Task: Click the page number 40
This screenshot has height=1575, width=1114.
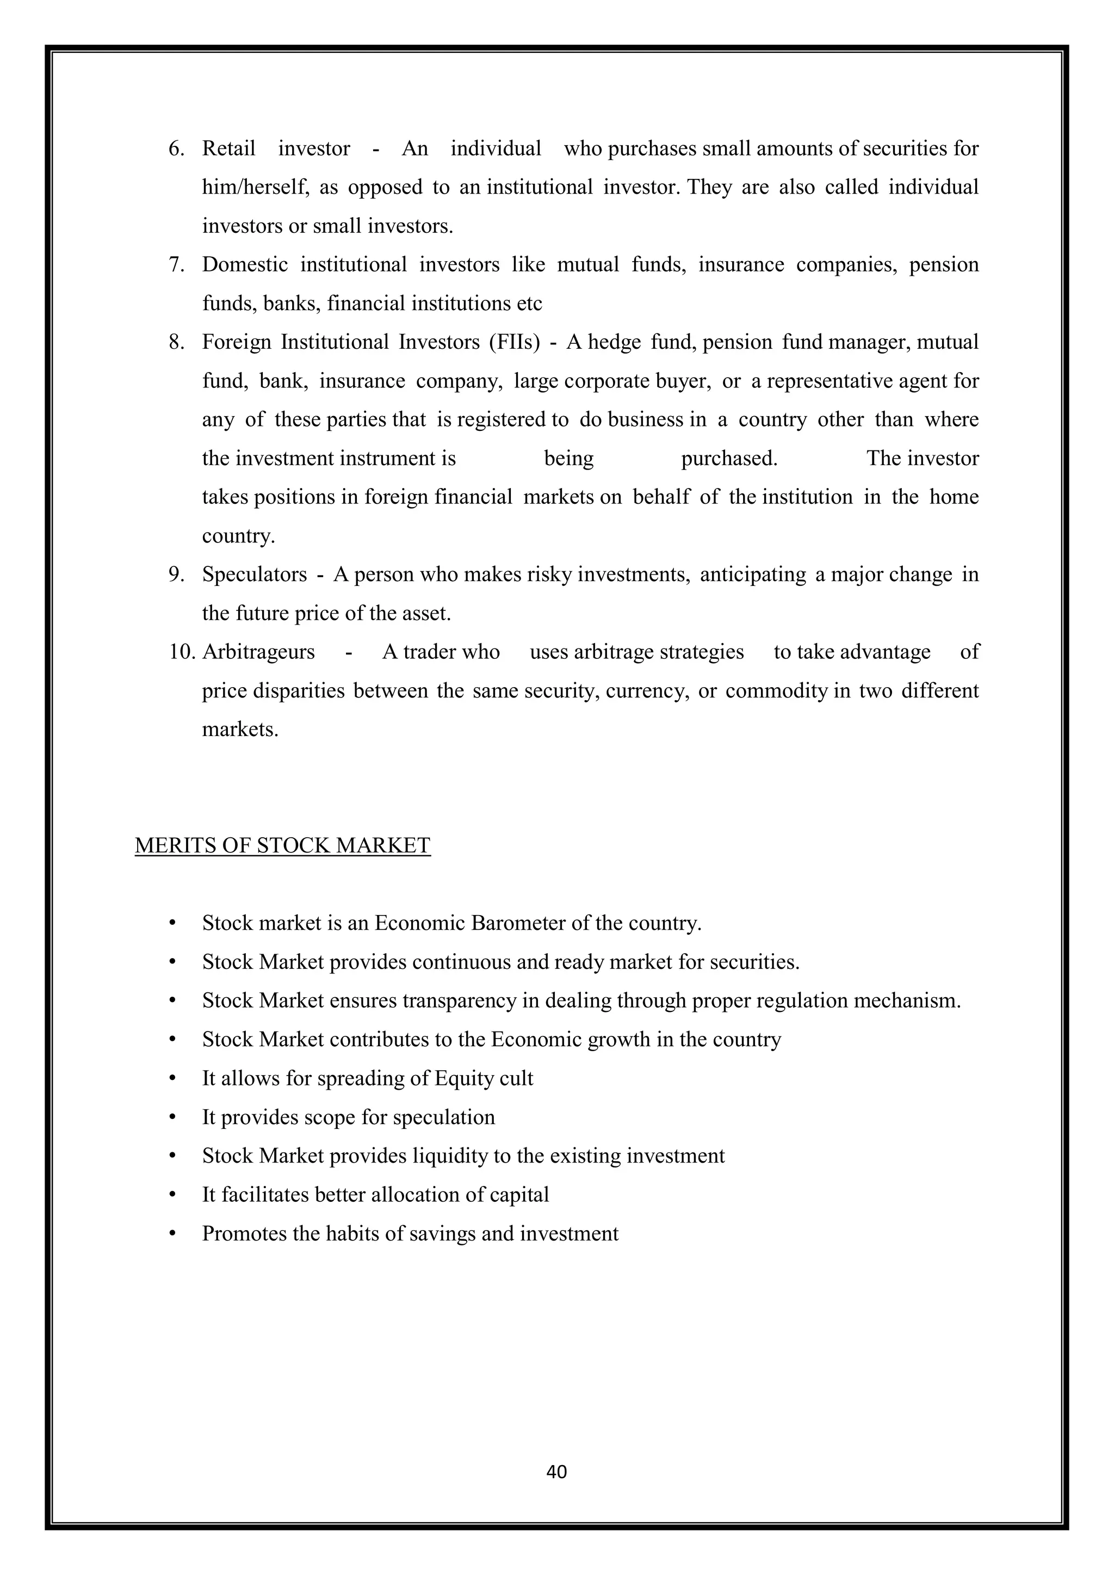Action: click(x=556, y=1472)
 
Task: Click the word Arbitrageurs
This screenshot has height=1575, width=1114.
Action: click(x=258, y=652)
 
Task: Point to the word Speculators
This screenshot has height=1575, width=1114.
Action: click(x=255, y=574)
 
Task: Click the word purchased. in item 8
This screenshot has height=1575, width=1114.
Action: click(x=729, y=458)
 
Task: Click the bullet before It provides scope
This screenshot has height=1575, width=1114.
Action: click(x=172, y=1117)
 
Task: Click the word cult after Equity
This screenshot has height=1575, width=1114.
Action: click(x=517, y=1078)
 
